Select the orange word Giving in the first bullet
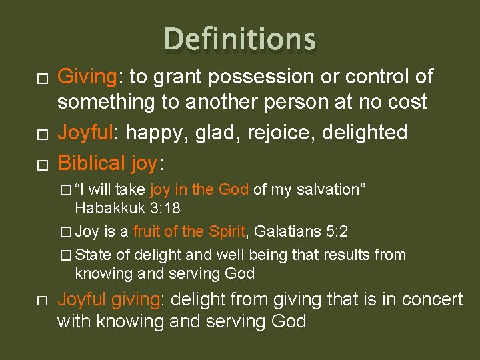click(x=87, y=77)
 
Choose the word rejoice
click(x=282, y=133)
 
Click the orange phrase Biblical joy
click(x=109, y=163)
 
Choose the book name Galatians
click(x=286, y=231)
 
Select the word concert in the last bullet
click(x=427, y=299)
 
